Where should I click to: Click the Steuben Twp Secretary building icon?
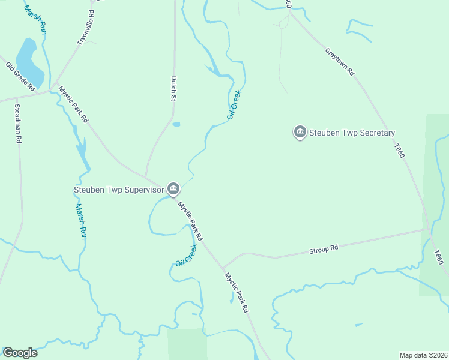(x=300, y=132)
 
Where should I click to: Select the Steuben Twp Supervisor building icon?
(x=173, y=190)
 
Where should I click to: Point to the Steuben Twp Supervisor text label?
(x=119, y=190)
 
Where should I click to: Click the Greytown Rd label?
(x=340, y=61)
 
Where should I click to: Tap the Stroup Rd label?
(x=324, y=248)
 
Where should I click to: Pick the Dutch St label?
(x=173, y=88)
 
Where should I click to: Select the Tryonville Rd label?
(x=86, y=27)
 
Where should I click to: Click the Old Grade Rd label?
(x=20, y=76)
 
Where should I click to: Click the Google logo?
(x=20, y=353)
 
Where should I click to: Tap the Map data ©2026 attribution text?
(x=424, y=355)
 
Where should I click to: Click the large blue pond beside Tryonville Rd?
(x=29, y=62)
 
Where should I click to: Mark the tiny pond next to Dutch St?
(x=176, y=125)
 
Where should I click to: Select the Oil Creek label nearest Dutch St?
(x=234, y=104)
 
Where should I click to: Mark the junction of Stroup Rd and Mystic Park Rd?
(x=222, y=268)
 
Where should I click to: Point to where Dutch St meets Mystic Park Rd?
(x=146, y=177)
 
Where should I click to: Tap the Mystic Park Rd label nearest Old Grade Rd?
(x=73, y=104)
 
